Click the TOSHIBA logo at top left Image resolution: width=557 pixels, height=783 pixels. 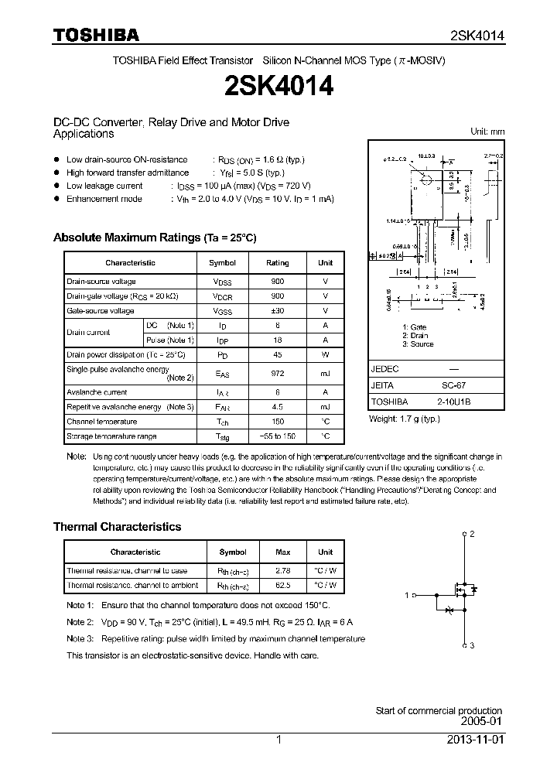click(x=96, y=35)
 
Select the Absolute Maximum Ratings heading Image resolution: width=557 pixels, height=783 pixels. click(x=154, y=238)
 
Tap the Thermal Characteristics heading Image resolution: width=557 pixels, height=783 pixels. click(x=117, y=526)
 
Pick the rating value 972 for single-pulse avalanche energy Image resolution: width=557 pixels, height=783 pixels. click(x=278, y=373)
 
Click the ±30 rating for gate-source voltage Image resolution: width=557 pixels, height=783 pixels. click(x=278, y=310)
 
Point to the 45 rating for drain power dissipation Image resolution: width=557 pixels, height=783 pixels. click(x=278, y=354)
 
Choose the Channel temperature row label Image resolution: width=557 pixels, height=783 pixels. click(x=101, y=422)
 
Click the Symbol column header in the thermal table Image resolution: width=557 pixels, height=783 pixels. click(x=233, y=552)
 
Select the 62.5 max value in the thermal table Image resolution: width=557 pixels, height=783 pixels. click(x=283, y=586)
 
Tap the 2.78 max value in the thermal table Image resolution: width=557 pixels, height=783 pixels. click(x=283, y=571)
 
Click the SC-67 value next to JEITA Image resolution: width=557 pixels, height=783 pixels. click(x=453, y=385)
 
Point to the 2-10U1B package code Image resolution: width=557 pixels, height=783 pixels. click(x=453, y=402)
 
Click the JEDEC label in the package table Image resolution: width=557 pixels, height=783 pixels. click(x=384, y=368)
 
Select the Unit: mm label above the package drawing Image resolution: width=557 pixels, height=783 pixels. click(x=487, y=132)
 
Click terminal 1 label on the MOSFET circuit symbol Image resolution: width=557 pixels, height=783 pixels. click(x=406, y=595)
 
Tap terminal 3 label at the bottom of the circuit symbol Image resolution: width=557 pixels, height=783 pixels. click(x=471, y=645)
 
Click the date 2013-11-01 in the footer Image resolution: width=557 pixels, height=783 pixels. click(x=474, y=740)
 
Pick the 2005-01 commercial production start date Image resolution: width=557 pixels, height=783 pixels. click(x=484, y=721)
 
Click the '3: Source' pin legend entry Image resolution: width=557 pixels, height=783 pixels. click(x=418, y=344)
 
